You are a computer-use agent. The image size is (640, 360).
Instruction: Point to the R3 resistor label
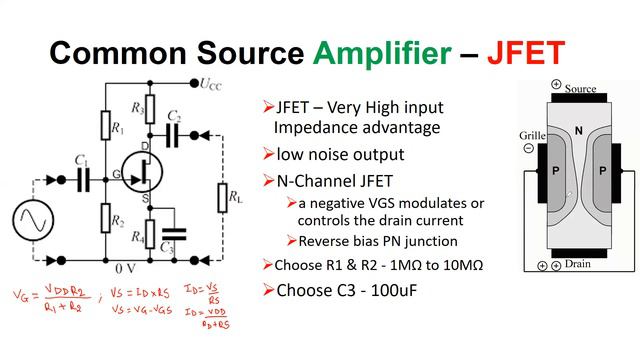(137, 108)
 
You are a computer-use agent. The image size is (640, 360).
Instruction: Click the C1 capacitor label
(80, 161)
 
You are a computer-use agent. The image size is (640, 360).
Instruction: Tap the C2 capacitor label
(174, 116)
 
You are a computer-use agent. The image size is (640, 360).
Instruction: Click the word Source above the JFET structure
(580, 88)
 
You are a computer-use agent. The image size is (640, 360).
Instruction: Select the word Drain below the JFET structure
(579, 265)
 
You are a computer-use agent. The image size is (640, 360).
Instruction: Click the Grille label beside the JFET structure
(532, 134)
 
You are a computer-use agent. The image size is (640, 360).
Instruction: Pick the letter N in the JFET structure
(578, 131)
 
